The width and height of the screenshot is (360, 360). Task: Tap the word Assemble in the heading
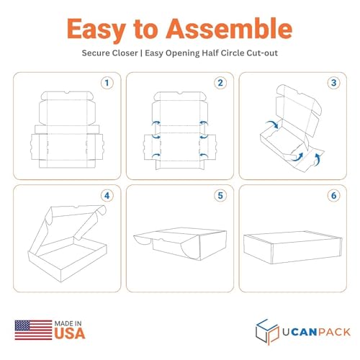point(229,28)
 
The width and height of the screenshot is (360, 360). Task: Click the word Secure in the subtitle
point(96,53)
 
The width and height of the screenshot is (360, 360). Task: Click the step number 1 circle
point(107,83)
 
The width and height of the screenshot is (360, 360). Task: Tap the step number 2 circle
point(220,83)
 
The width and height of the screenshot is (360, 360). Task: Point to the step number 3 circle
point(333,83)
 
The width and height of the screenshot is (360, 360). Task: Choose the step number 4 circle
point(107,196)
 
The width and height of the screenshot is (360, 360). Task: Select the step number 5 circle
point(220,196)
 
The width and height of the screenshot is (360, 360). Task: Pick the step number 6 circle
point(333,196)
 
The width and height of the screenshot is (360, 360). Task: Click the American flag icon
point(33,330)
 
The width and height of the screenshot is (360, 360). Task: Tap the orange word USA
point(70,333)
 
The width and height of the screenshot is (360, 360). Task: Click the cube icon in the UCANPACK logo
point(267,332)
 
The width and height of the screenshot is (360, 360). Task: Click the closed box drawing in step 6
point(293,248)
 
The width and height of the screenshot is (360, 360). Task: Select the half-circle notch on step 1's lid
point(67,93)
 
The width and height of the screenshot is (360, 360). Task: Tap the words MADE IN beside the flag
point(68,323)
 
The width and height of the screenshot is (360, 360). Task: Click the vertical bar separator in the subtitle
point(141,53)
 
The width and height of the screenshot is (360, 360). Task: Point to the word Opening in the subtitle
point(183,53)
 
